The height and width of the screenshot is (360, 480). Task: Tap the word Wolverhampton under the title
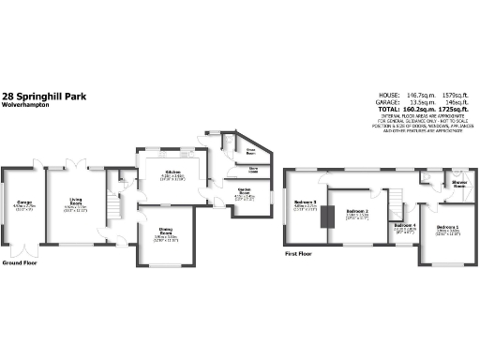pos(22,105)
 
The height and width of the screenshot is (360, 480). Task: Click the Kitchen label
pos(172,172)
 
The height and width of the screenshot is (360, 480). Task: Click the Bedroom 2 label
pos(354,212)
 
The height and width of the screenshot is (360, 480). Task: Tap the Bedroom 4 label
pos(404,225)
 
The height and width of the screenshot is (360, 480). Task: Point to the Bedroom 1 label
pos(448,228)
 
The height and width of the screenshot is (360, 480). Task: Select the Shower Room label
pos(460,185)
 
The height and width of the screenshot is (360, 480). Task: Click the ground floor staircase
pos(116,203)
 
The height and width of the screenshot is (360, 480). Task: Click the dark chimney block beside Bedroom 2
pos(328,216)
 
